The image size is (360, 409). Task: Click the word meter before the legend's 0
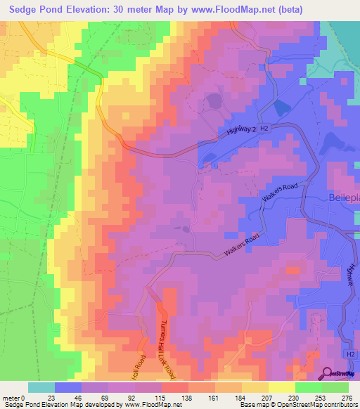[11, 397]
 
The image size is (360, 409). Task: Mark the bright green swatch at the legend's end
[335, 387]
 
